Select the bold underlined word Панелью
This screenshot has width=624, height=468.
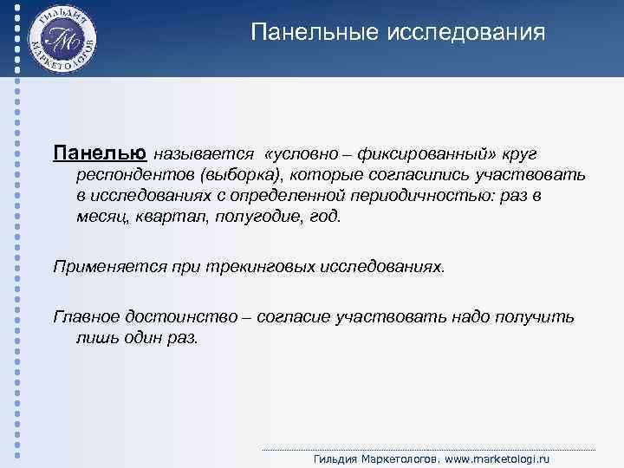tap(100, 153)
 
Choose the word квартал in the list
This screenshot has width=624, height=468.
tap(159, 217)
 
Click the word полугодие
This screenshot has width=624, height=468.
tap(247, 217)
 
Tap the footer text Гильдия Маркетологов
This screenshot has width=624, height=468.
tap(375, 458)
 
